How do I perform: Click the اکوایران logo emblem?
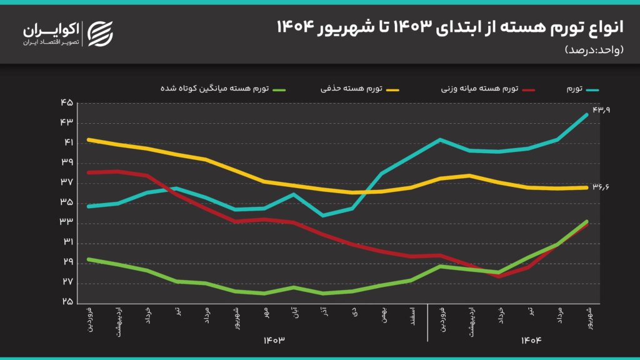[100, 34]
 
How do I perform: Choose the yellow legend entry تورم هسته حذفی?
[356, 89]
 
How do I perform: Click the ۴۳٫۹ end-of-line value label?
[601, 110]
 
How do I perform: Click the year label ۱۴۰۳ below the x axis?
[273, 340]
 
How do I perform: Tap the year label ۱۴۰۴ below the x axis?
[531, 340]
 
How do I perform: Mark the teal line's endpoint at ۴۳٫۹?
[587, 114]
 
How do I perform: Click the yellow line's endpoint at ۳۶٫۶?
[587, 187]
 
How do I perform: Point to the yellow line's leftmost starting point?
[89, 139]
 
